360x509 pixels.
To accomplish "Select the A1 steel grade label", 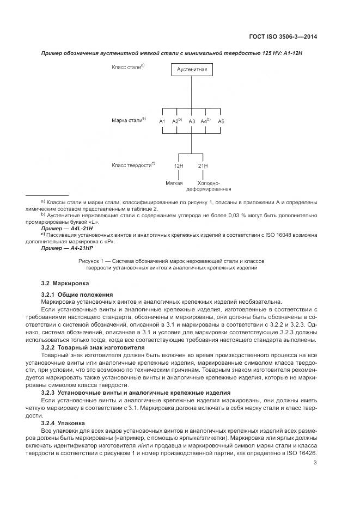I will coord(162,121).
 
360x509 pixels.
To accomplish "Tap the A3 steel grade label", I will coord(192,121).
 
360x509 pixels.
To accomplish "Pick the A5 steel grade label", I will coord(221,121).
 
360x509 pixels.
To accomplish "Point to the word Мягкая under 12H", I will coord(174,183).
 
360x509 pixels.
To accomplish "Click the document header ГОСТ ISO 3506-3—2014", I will coord(281,37).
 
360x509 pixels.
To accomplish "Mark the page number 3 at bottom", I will coord(315,463).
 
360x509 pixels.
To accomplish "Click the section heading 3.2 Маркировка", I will coord(65,284).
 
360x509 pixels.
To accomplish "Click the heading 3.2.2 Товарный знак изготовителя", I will coord(93,347).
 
